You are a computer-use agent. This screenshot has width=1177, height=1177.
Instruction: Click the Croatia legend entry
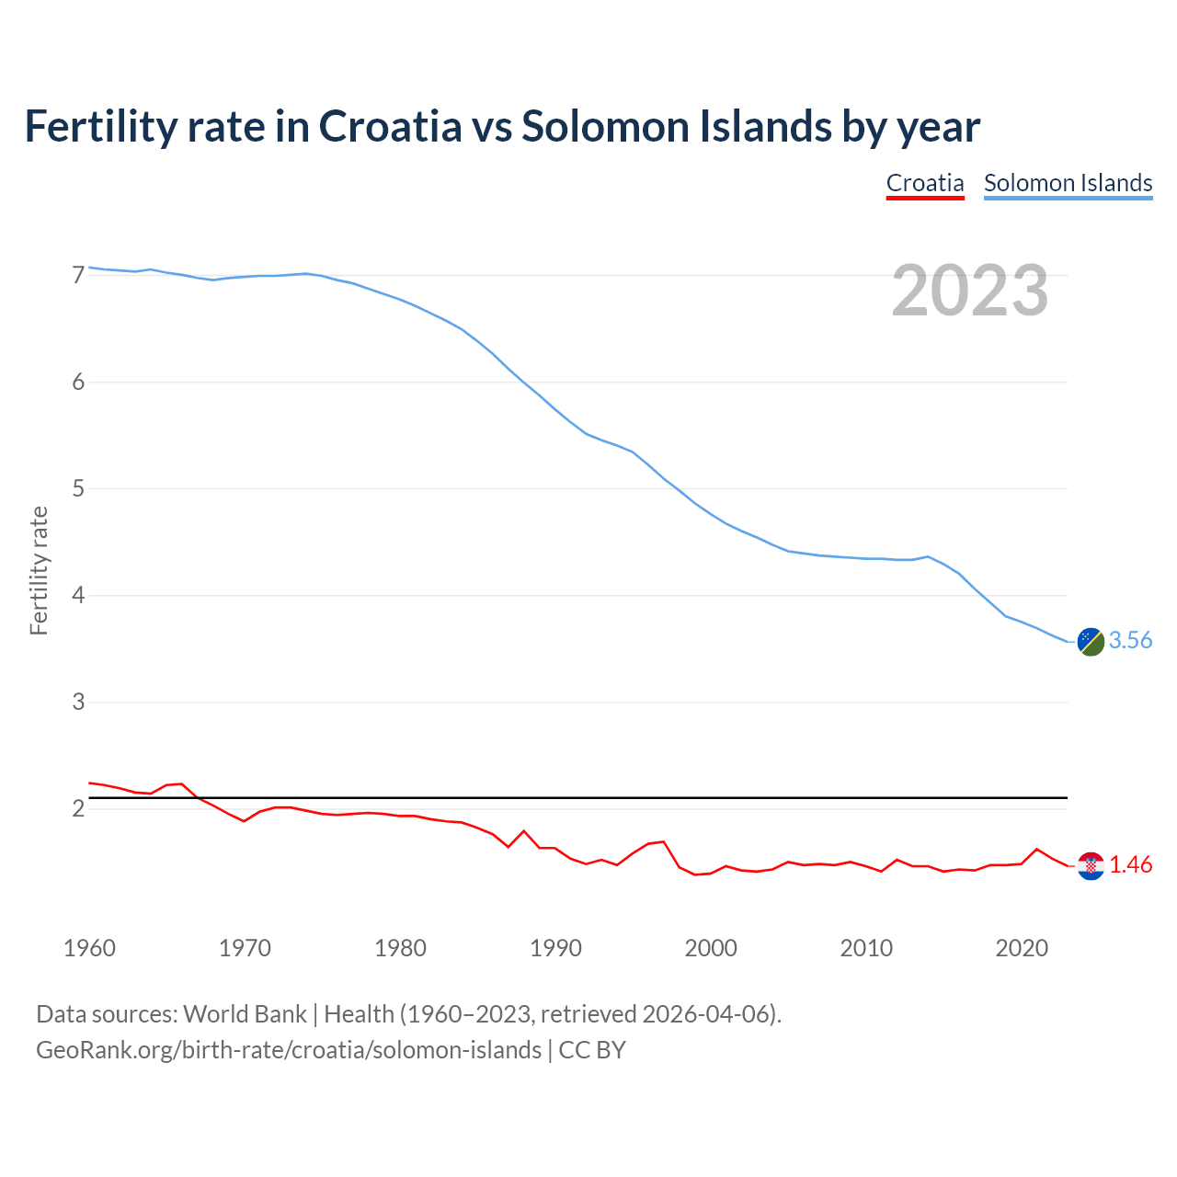coord(925,183)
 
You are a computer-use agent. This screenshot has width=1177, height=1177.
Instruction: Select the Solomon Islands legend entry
coord(1068,183)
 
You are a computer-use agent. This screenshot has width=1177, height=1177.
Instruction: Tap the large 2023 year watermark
coord(970,291)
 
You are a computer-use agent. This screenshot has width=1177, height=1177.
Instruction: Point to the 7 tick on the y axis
coord(78,275)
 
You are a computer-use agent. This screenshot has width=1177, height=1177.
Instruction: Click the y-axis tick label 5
coord(78,488)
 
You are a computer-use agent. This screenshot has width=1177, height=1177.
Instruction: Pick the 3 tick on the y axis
coord(78,703)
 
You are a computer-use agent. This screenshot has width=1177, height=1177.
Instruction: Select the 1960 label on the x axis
coord(89,948)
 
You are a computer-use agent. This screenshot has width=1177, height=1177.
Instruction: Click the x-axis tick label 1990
coord(555,948)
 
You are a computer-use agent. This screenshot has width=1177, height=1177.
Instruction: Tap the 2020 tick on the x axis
coord(1022,948)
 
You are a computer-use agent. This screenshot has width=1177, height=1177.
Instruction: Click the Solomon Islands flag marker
coord(1091,642)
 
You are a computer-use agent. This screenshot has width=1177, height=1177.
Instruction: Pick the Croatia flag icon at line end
coord(1091,866)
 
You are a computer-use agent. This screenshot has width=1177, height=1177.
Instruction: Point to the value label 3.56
coord(1130,641)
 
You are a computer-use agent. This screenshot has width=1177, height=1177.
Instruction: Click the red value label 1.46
coord(1130,865)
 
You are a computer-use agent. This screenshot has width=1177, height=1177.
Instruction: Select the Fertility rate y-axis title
coord(39,570)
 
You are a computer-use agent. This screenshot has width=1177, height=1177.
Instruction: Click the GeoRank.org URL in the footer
coord(288,1050)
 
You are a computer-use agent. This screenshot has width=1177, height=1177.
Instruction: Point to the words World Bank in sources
coord(245,1014)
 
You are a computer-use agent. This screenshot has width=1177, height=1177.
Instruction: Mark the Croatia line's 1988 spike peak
coord(524,831)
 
